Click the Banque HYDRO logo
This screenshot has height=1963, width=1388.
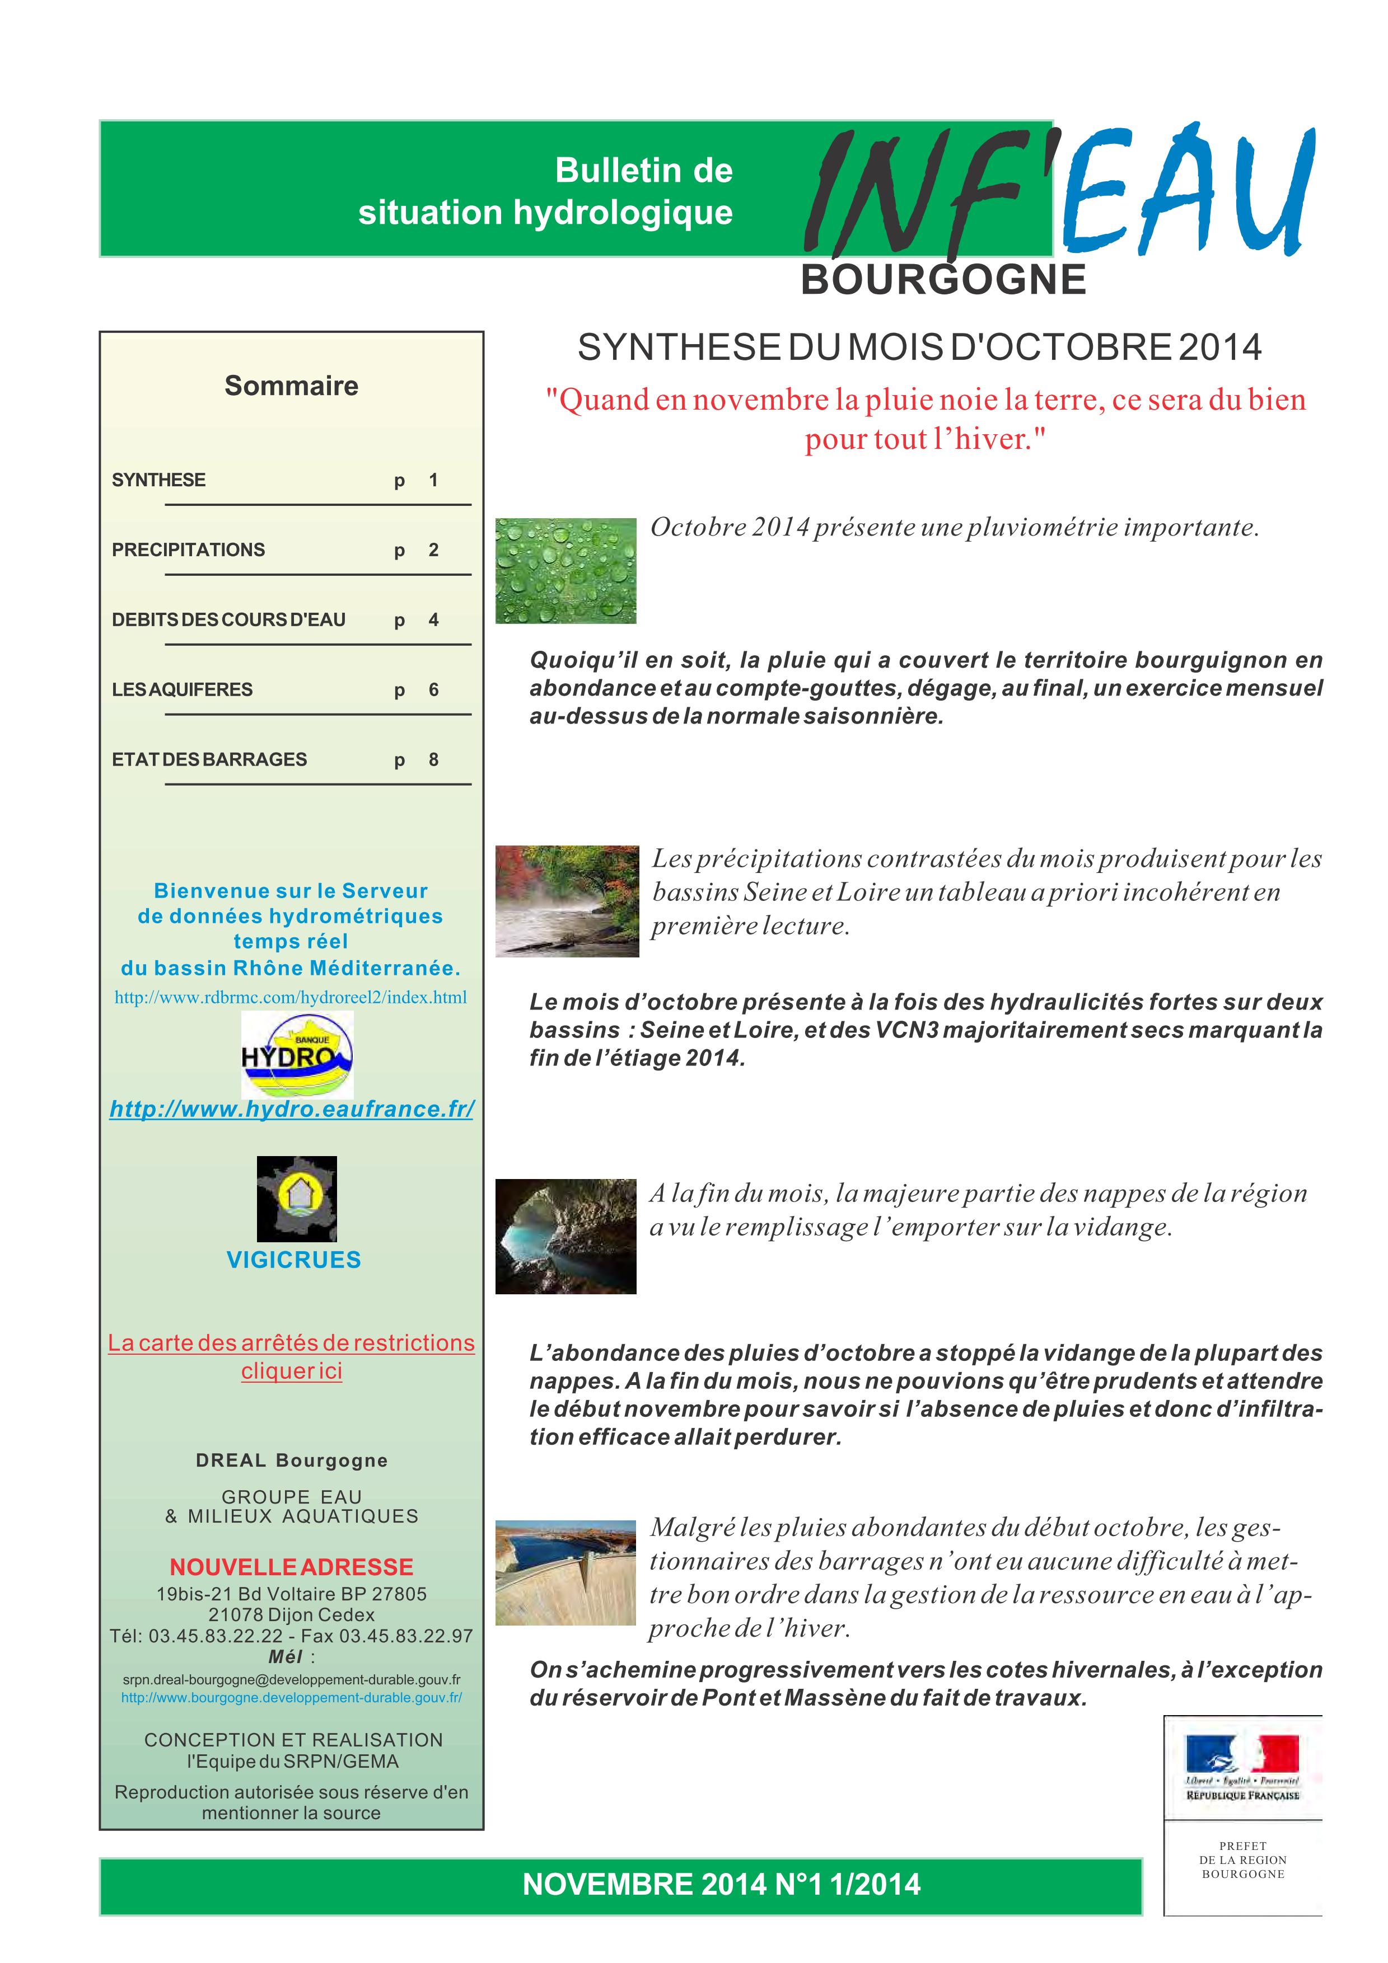coord(297,1054)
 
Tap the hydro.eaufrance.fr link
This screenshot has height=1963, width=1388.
coord(292,1109)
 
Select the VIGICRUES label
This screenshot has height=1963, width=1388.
coord(293,1260)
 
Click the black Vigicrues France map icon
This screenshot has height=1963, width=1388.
coord(297,1199)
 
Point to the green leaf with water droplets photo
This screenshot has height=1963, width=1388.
coord(566,570)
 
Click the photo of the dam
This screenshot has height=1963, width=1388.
coord(566,1572)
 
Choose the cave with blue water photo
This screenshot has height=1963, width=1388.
coord(566,1236)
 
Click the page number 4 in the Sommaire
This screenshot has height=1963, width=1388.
coord(433,620)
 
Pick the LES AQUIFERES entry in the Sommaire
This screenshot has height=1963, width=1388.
coord(182,690)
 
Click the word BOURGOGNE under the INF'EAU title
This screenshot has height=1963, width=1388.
coord(943,280)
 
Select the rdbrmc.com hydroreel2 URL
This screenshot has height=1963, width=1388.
coord(291,997)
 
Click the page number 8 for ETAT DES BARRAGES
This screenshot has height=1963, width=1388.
coord(433,760)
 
